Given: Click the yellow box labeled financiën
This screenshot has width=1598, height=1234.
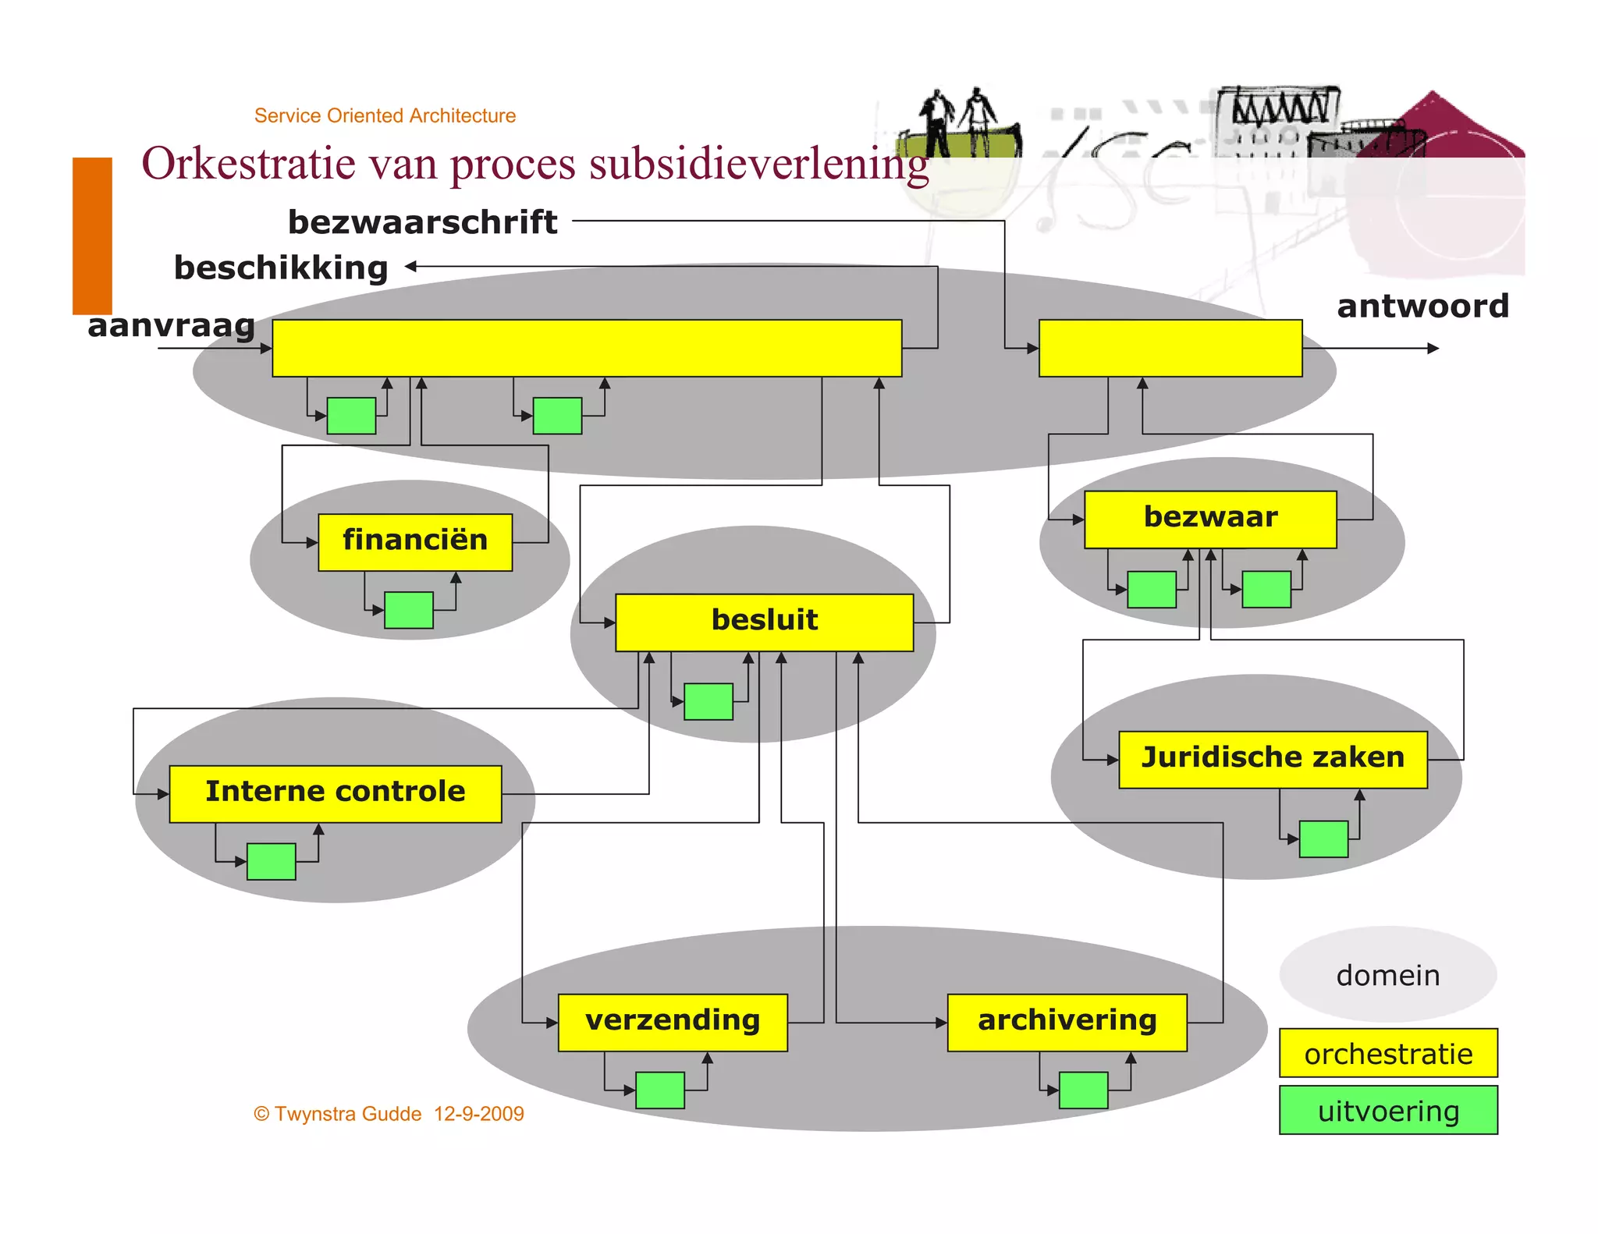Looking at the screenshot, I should pos(415,541).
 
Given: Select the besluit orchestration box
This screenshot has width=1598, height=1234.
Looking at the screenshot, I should pos(764,622).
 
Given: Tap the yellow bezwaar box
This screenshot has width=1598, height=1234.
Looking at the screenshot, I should pos(1209,519).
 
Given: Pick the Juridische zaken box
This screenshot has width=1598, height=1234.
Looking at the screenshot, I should pos(1273,759).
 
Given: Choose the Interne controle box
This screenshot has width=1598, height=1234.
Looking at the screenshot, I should pos(335,793).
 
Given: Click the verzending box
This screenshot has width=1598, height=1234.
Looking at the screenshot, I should pos(672,1022).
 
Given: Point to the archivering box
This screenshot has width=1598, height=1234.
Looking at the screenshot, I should pos(1067,1022).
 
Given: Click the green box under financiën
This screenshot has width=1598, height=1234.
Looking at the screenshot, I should pos(409,609).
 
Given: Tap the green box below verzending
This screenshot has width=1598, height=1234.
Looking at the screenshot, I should pos(660,1090).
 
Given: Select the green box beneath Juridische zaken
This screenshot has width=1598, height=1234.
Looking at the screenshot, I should pos(1323,839).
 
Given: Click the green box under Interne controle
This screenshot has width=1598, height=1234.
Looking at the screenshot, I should pos(271,861).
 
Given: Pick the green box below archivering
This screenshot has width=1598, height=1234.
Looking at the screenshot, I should pos(1083,1090).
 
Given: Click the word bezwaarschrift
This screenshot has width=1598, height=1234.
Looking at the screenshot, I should pos(422,222).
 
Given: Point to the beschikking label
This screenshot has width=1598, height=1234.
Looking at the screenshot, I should pos(281,268).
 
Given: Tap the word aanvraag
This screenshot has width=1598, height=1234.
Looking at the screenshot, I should pos(172,325).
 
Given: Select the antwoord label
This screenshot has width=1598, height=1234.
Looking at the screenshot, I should pos(1422,306).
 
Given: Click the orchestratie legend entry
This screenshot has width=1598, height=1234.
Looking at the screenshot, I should pos(1388,1053).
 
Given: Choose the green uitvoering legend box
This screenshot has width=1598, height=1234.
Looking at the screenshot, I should pos(1388,1110).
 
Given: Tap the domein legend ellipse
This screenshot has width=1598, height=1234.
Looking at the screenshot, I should pos(1387,974).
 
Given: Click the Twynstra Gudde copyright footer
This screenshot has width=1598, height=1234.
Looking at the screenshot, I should pos(389,1113).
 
